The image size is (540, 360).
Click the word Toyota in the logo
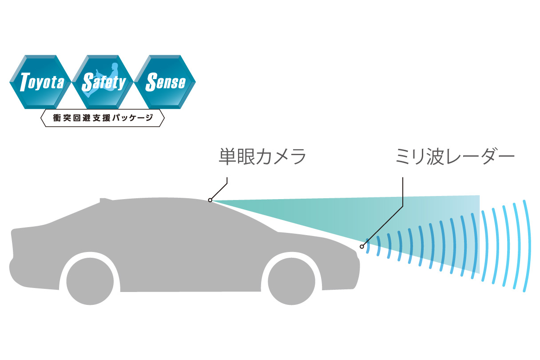pos(42,83)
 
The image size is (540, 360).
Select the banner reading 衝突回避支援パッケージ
pos(103,118)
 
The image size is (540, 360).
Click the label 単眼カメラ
pos(262,157)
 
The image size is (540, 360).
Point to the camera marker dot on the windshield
pos(210,200)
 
